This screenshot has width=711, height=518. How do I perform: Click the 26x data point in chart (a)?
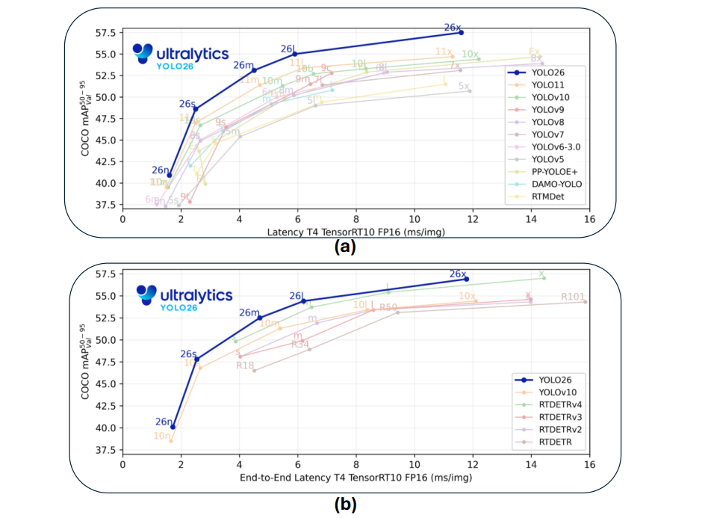click(461, 32)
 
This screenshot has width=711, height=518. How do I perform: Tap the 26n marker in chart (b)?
click(173, 427)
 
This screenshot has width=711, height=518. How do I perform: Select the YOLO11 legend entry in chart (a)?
click(549, 85)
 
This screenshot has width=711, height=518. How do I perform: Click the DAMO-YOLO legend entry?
click(556, 183)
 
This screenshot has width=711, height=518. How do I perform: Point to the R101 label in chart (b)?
click(574, 297)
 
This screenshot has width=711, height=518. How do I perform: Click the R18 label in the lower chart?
click(245, 366)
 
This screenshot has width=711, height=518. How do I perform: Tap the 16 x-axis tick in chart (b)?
click(589, 463)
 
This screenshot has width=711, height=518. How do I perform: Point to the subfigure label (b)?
click(345, 504)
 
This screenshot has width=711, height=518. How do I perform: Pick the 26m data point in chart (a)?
click(255, 70)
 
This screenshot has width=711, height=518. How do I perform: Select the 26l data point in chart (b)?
click(303, 301)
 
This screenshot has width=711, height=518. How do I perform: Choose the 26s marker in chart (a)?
click(196, 108)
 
